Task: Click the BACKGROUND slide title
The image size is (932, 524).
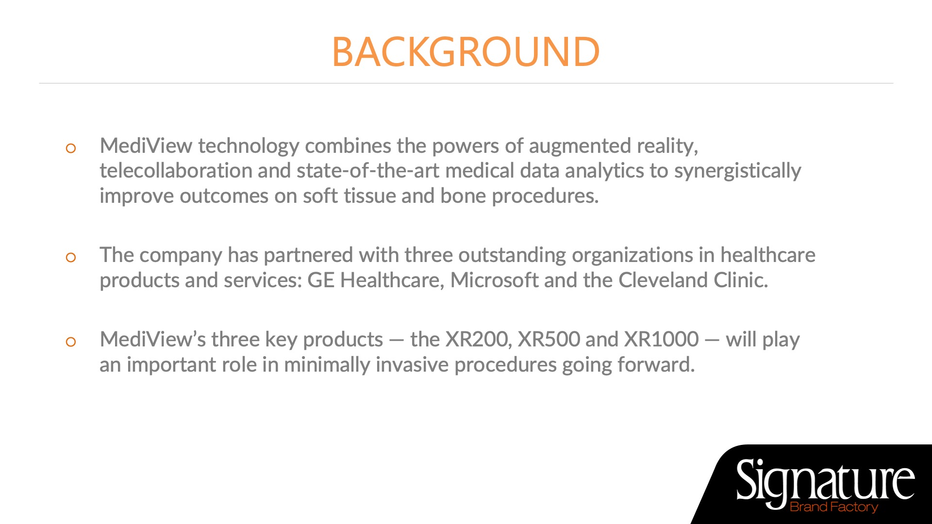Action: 466,52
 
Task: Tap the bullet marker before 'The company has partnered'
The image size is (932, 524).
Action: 71,258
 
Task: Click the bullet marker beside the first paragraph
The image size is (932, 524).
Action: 71,148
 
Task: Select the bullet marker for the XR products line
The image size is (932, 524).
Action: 71,342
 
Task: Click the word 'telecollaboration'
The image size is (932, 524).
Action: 176,171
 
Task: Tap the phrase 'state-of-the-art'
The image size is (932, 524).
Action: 368,171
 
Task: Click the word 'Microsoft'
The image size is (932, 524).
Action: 494,280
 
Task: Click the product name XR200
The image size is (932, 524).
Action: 478,340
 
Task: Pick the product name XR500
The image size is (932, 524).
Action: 549,340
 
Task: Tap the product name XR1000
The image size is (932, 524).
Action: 661,340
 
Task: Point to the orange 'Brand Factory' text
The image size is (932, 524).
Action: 834,507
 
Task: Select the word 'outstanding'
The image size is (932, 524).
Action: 512,256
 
